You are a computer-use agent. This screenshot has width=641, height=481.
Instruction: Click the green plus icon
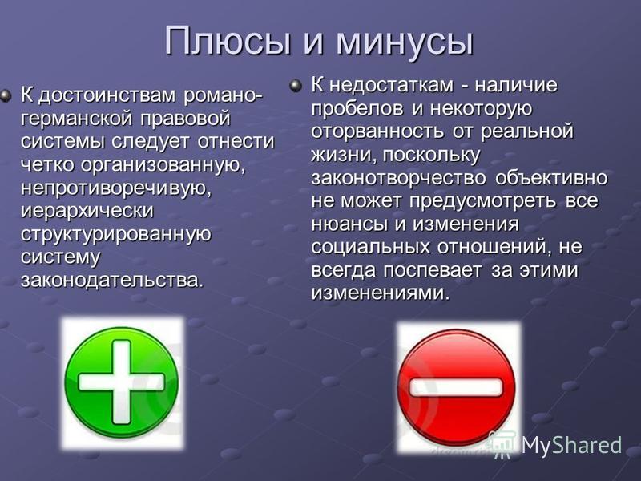click(122, 382)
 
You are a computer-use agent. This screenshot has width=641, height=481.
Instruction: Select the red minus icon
click(456, 387)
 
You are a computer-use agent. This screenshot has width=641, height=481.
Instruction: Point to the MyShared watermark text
click(571, 444)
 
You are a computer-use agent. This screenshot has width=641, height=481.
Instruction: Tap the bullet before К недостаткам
click(295, 87)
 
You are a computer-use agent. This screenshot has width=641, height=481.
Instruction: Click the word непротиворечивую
click(115, 189)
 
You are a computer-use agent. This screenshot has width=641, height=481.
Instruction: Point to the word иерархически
click(87, 212)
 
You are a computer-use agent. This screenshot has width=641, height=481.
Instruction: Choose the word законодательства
click(111, 281)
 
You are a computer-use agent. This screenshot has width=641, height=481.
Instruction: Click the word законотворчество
click(398, 179)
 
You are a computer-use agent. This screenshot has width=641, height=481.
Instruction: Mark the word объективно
click(551, 178)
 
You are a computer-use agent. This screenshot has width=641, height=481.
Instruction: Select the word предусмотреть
click(482, 202)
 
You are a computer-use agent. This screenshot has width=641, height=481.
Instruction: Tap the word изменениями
click(380, 293)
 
